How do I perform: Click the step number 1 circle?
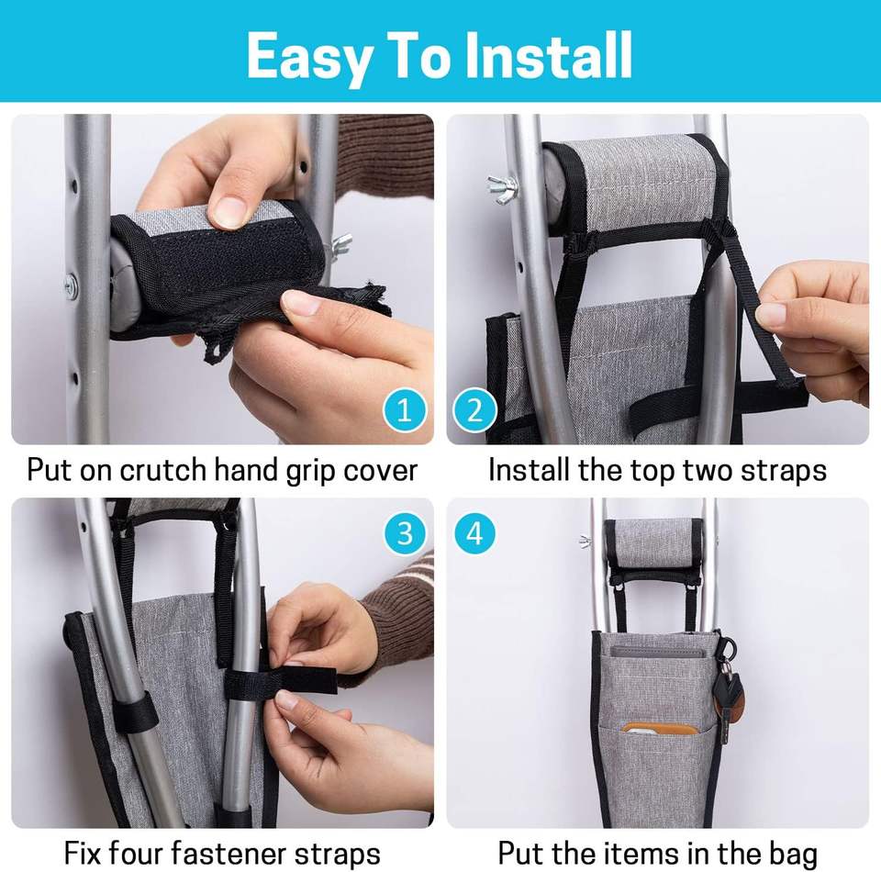405,410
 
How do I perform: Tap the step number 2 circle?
474,410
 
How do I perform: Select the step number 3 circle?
405,533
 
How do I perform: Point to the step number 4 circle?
474,533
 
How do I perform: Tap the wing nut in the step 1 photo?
341,246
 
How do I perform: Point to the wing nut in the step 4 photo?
585,542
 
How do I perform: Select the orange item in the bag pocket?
659,730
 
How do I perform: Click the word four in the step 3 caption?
136,854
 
